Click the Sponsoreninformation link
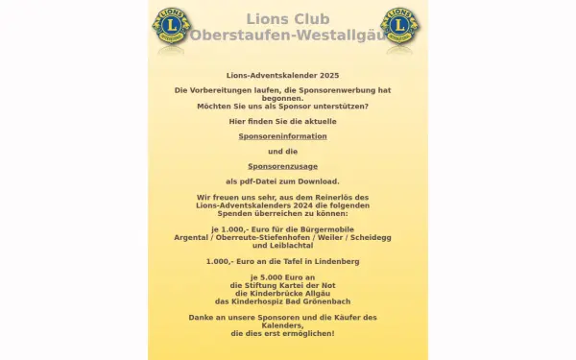[x=282, y=136]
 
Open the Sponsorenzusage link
[x=282, y=166]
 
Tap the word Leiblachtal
[x=282, y=245]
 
